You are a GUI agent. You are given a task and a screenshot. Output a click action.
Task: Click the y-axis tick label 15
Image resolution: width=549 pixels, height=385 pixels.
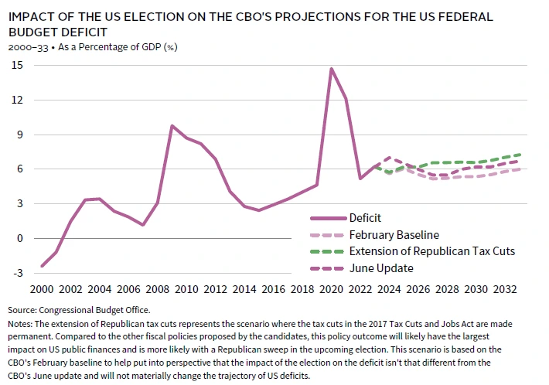click(17, 66)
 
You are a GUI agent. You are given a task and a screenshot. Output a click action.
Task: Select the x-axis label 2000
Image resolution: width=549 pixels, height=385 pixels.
click(42, 288)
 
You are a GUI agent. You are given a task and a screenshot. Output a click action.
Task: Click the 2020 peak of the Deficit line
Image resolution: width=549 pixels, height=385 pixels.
click(332, 69)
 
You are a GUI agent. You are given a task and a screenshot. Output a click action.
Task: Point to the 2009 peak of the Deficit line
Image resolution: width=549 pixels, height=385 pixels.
click(172, 125)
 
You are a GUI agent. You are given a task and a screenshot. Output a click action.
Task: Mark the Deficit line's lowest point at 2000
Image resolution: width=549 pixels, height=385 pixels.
click(42, 266)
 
